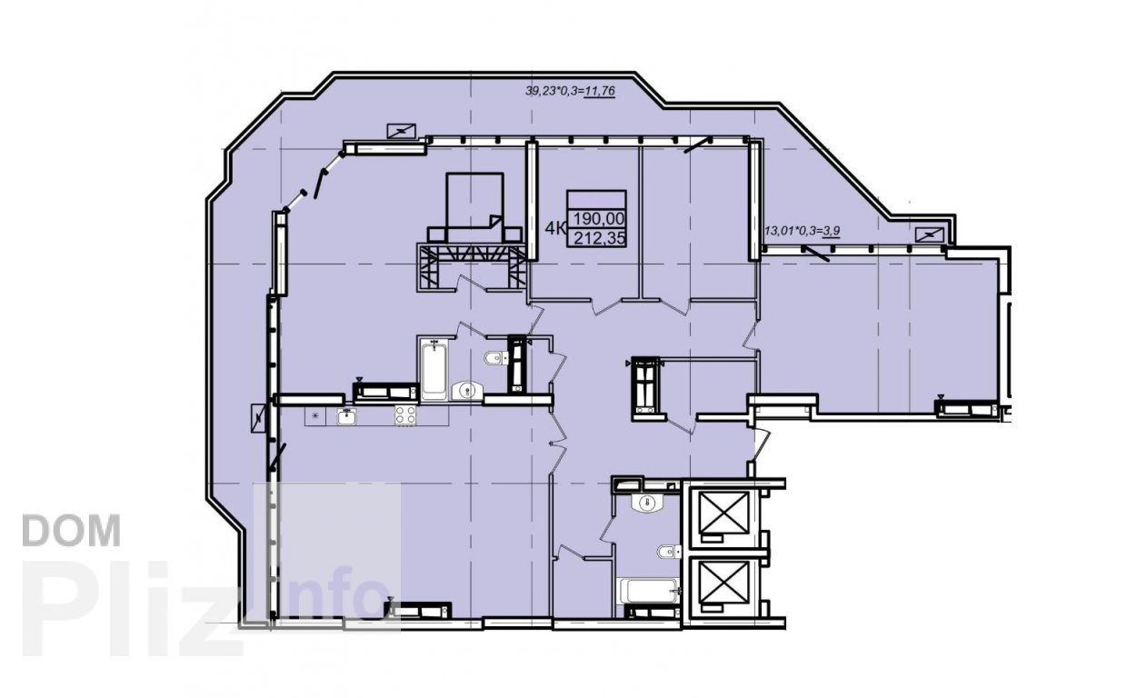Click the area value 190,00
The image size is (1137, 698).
point(599,219)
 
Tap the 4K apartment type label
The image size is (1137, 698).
point(555,228)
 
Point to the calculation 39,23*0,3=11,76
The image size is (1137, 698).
point(570,92)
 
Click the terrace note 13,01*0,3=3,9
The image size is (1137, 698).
point(802,231)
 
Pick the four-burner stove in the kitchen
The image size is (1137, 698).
point(405,415)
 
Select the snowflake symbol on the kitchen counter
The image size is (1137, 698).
point(315,416)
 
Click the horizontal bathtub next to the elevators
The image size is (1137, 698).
point(649,591)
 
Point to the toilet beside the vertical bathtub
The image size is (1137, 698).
point(496,358)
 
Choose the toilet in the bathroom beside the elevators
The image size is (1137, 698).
point(670,552)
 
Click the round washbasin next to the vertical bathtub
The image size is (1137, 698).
point(467,391)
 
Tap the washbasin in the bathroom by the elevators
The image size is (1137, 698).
point(647,504)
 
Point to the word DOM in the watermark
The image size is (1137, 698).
point(72,531)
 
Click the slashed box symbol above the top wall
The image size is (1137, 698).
point(402,131)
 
